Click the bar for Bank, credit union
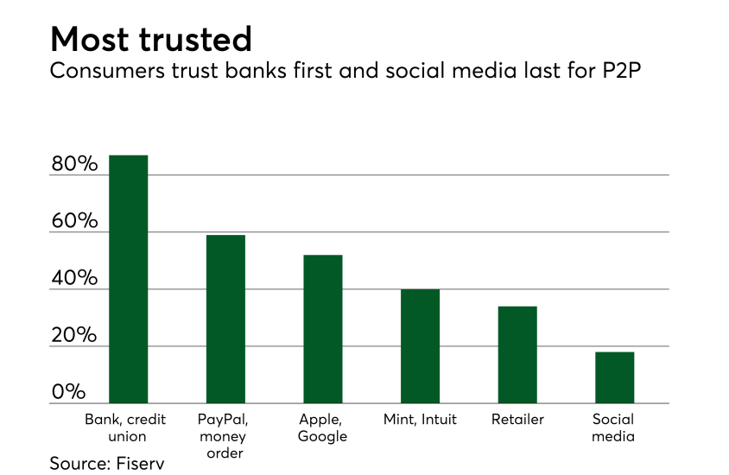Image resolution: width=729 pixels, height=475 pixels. click(129, 279)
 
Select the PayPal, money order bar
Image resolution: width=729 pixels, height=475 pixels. click(225, 319)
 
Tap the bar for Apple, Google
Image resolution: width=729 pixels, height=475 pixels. click(323, 329)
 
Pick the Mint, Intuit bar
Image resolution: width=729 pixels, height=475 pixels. click(420, 346)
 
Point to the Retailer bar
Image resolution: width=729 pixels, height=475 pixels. click(517, 355)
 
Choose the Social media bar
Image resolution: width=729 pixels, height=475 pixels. click(614, 377)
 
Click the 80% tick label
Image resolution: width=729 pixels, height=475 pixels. click(74, 164)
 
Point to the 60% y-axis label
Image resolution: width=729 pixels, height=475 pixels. click(74, 221)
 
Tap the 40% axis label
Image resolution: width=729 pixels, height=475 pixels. click(74, 278)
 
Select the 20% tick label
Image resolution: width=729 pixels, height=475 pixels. click(74, 335)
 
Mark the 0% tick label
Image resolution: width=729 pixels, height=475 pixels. click(68, 392)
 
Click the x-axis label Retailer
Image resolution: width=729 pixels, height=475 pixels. click(517, 420)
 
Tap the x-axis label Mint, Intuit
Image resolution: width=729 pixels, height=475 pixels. click(420, 420)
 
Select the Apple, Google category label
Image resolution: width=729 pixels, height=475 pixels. click(323, 427)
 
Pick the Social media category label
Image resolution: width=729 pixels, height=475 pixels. click(614, 427)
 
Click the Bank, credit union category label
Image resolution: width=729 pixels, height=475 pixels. click(129, 427)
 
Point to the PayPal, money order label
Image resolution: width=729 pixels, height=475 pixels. click(225, 436)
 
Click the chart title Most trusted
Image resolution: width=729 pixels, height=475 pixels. click(151, 38)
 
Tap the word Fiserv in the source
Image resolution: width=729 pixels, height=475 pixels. click(138, 463)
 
